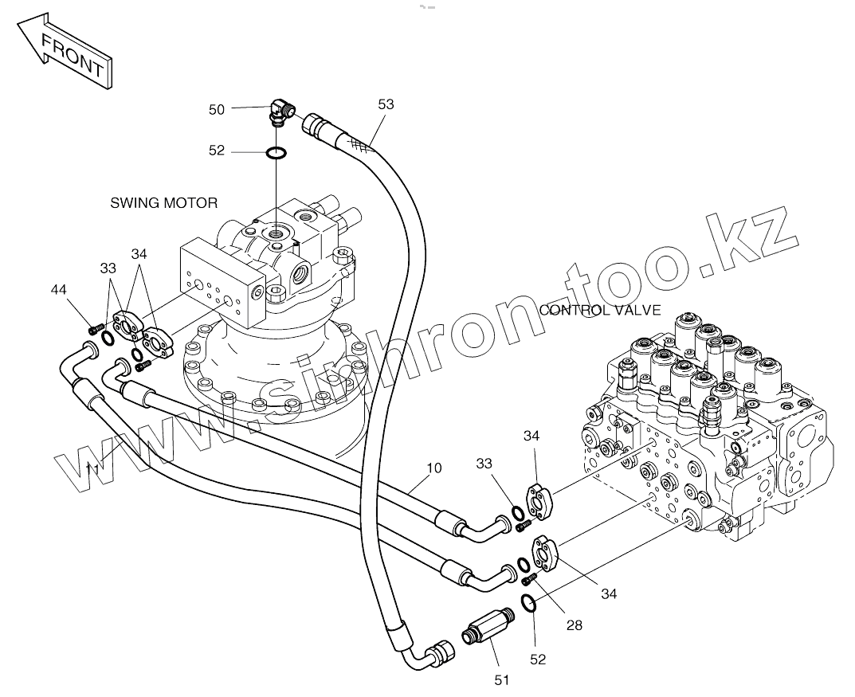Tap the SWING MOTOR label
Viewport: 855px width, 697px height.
(x=163, y=203)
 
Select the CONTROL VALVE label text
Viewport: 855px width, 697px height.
(x=600, y=310)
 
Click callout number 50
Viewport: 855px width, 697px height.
(x=217, y=110)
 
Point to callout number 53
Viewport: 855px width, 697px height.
(x=386, y=104)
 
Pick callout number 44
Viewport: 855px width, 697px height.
(x=58, y=290)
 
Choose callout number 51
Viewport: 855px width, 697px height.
(x=501, y=679)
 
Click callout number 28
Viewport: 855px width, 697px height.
(x=574, y=625)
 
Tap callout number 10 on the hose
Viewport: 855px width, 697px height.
(x=433, y=468)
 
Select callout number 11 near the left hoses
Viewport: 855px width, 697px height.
(x=92, y=469)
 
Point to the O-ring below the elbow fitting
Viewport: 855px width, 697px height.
(x=277, y=152)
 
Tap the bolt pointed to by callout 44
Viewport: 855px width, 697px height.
(x=96, y=327)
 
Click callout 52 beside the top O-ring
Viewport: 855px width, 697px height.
(x=217, y=151)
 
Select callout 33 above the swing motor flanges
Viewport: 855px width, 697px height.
(x=108, y=268)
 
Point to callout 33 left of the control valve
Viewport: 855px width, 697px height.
(x=485, y=464)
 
